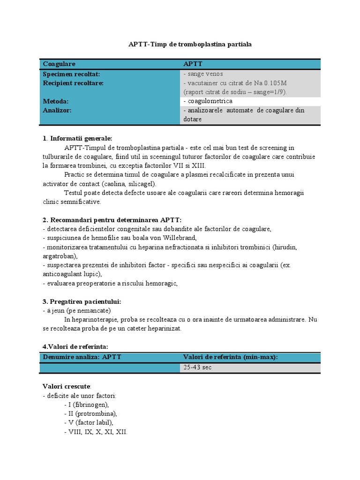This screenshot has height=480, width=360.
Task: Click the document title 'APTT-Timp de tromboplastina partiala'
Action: point(190,44)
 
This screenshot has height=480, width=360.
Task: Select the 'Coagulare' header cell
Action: point(59,64)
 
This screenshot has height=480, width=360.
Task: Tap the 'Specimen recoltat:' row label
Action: point(71,74)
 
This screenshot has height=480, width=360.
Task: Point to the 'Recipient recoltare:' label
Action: point(73,83)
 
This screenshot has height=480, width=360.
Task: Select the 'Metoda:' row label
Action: point(56,101)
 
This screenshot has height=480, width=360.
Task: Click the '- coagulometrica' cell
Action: point(208,101)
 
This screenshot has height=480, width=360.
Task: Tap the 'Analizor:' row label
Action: point(57,110)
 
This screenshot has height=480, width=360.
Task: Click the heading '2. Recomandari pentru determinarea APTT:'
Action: point(112,220)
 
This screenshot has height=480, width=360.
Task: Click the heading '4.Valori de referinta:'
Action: point(75,346)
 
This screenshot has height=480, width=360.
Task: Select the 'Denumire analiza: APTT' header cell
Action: point(82,357)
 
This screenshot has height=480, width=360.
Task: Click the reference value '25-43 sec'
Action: point(197,367)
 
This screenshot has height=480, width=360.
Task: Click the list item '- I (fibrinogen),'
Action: point(86,405)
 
